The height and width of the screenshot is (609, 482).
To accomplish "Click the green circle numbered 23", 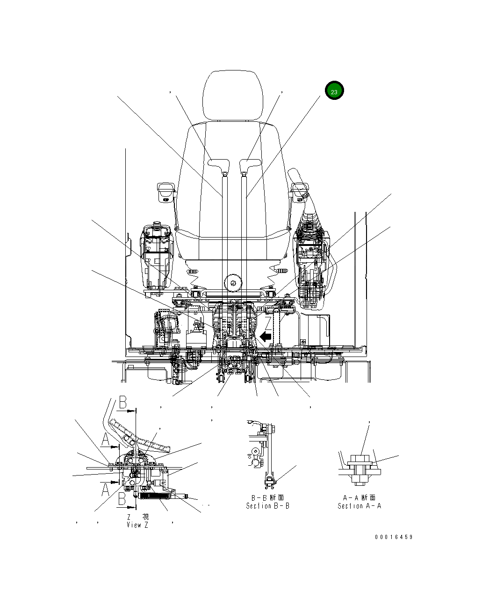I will (334, 91).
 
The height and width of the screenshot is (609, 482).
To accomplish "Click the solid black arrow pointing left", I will (266, 336).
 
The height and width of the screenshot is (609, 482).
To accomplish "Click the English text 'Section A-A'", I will (359, 506).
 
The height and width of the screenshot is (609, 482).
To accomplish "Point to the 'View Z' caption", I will (137, 525).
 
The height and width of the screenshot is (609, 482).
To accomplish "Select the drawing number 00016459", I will (394, 537).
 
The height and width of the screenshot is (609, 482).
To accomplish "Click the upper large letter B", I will (122, 402).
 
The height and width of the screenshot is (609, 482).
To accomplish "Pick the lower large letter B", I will (122, 499).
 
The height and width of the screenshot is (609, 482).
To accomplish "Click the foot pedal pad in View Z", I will (140, 435).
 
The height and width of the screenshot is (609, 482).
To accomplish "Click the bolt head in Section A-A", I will (360, 460).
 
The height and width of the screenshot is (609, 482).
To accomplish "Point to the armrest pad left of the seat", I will (166, 189).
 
